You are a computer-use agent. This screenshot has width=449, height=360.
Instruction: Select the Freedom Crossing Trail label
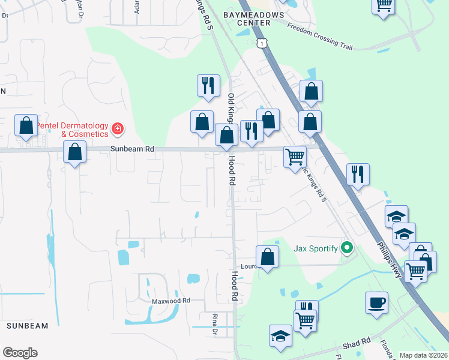point(319,36)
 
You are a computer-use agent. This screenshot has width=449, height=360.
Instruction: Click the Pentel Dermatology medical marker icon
point(117,128)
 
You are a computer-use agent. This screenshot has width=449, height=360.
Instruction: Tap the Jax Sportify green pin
point(346,247)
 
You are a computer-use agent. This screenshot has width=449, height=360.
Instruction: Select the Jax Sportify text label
point(315,248)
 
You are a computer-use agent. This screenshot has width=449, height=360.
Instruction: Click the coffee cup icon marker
point(376,302)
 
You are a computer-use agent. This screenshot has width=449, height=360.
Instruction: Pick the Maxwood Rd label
point(170,301)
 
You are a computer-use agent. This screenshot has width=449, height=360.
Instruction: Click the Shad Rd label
point(357,345)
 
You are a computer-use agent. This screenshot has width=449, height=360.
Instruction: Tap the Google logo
point(20,352)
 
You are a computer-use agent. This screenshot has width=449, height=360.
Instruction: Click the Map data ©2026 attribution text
point(423,355)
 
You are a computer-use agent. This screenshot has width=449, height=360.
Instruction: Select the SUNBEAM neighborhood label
point(27,325)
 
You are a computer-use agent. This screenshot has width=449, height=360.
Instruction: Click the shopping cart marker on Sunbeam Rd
point(295,156)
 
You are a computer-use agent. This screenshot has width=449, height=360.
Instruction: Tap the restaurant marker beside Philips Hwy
point(358,174)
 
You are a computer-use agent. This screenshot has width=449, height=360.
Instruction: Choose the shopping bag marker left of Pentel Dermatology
point(26,125)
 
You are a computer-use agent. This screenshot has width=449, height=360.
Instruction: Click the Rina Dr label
point(214,323)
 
